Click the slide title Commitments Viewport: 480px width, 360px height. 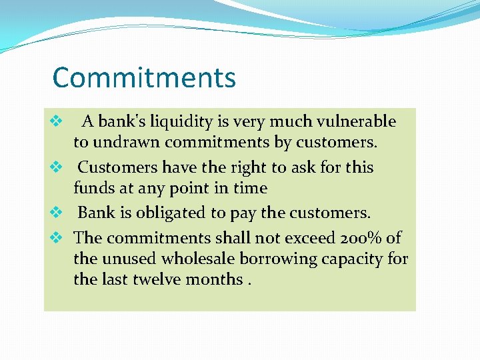[x=144, y=77]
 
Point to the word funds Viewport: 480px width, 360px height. [x=93, y=188]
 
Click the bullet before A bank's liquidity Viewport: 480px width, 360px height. [x=56, y=122]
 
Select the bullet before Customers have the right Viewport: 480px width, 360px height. [x=56, y=167]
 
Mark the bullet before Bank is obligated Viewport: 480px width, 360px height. [x=56, y=213]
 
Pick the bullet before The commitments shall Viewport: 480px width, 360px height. [x=56, y=237]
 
